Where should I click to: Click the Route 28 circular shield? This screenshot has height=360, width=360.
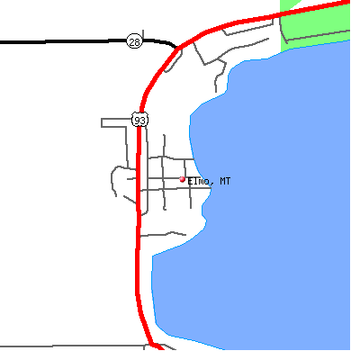coord(134,41)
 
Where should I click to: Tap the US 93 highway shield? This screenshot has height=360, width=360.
coord(139,120)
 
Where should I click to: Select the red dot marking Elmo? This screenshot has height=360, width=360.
coord(182,179)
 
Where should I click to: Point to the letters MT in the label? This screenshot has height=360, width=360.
coord(225,181)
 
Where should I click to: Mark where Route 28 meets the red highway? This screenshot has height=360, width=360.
coord(177,48)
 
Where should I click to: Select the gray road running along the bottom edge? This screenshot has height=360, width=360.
coord(72,346)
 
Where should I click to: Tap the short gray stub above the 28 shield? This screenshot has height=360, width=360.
coord(143,34)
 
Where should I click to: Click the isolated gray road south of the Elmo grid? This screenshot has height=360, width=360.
coord(164,234)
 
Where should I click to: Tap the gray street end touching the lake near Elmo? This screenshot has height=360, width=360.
coord(211,188)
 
